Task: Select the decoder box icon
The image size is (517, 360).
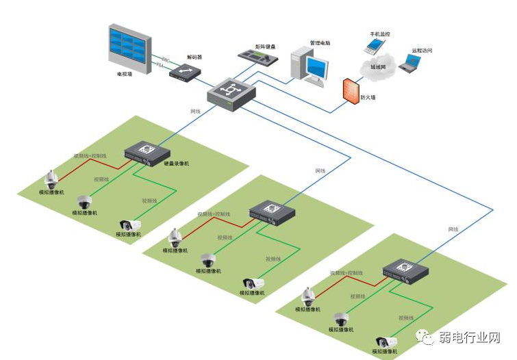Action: coord(186,72)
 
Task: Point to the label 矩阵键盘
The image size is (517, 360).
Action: coord(266,46)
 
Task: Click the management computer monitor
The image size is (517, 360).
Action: coord(316,66)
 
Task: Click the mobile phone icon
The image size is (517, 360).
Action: coord(373,47)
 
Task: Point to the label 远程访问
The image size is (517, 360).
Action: coord(422,51)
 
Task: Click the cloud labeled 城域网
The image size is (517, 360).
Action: coord(378,66)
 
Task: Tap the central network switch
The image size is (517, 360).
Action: coord(231,92)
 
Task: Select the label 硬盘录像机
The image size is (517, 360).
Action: coord(177,164)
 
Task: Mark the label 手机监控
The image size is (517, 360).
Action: coord(381,33)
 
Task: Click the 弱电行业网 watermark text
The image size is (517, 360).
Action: coord(470,337)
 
